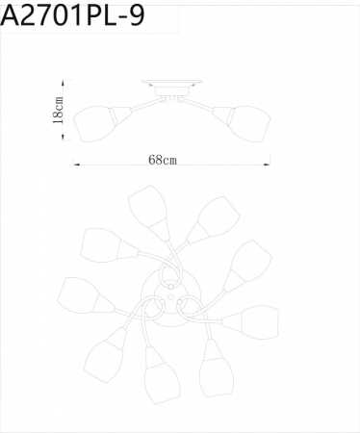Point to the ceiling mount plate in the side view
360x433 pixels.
coord(170,85)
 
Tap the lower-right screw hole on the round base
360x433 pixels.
coord(179,301)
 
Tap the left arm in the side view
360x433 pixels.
coord(139,103)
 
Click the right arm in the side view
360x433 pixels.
coord(202,103)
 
